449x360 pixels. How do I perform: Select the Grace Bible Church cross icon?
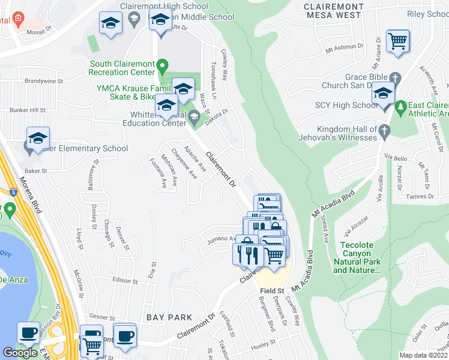(x=394, y=77)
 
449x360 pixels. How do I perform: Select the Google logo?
(x=19, y=352)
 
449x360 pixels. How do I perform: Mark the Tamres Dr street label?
(x=418, y=196)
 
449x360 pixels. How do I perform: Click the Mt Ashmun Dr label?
(x=345, y=46)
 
